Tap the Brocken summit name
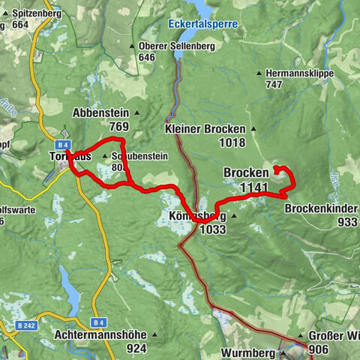(x=245, y=172)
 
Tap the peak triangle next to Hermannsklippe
(x=259, y=73)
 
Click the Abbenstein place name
(x=101, y=113)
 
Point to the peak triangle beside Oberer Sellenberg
(x=132, y=46)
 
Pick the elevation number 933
(x=347, y=223)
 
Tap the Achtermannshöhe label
(x=100, y=335)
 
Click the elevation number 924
(x=136, y=348)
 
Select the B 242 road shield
(x=25, y=326)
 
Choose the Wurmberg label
(x=249, y=351)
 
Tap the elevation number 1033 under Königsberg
(x=213, y=229)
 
